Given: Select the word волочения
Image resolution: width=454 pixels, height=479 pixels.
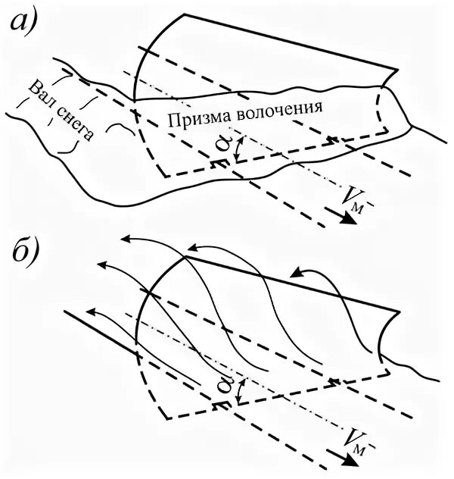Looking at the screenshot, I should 279,108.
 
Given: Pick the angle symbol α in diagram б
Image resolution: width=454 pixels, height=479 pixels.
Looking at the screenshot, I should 224,387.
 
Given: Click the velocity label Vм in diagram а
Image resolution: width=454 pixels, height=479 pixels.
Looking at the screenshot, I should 353,199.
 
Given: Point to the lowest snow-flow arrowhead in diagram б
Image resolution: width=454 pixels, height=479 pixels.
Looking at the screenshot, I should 92,311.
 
